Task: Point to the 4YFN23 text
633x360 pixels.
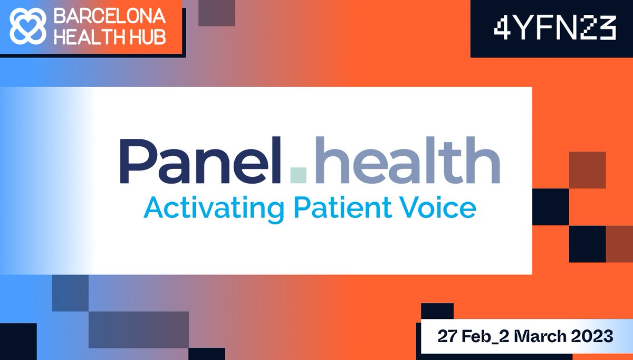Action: tap(554, 30)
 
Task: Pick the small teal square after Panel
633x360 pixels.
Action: tap(299, 175)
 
